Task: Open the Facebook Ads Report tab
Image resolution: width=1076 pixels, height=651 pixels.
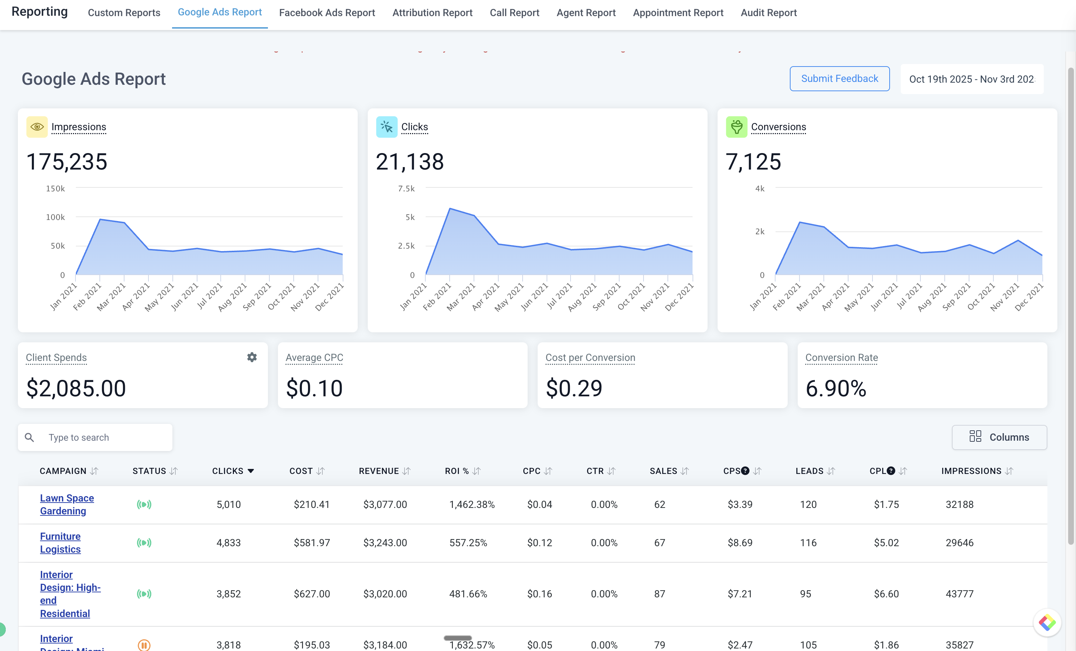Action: click(327, 13)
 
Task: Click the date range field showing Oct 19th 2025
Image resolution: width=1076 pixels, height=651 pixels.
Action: click(971, 79)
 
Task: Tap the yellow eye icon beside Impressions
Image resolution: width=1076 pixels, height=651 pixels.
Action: click(37, 127)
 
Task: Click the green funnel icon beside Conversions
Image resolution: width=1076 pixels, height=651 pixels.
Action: click(736, 127)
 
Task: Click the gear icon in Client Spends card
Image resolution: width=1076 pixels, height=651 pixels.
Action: click(252, 357)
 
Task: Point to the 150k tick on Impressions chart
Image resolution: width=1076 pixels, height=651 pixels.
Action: click(55, 189)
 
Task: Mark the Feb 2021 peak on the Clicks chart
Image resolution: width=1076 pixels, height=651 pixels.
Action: click(450, 209)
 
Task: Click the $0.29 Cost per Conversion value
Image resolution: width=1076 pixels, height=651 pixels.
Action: click(574, 388)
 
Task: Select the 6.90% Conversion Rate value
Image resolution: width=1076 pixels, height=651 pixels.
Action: click(835, 388)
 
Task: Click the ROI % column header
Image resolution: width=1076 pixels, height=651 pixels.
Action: click(457, 471)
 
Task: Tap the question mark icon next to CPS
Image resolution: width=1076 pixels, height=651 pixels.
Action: click(745, 471)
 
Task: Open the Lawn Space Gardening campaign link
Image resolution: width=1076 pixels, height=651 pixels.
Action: click(67, 504)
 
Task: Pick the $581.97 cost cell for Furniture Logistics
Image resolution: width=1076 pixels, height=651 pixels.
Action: click(312, 543)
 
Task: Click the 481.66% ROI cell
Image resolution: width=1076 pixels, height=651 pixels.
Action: click(468, 594)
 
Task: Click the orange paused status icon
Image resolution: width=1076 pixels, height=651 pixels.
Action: click(144, 645)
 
